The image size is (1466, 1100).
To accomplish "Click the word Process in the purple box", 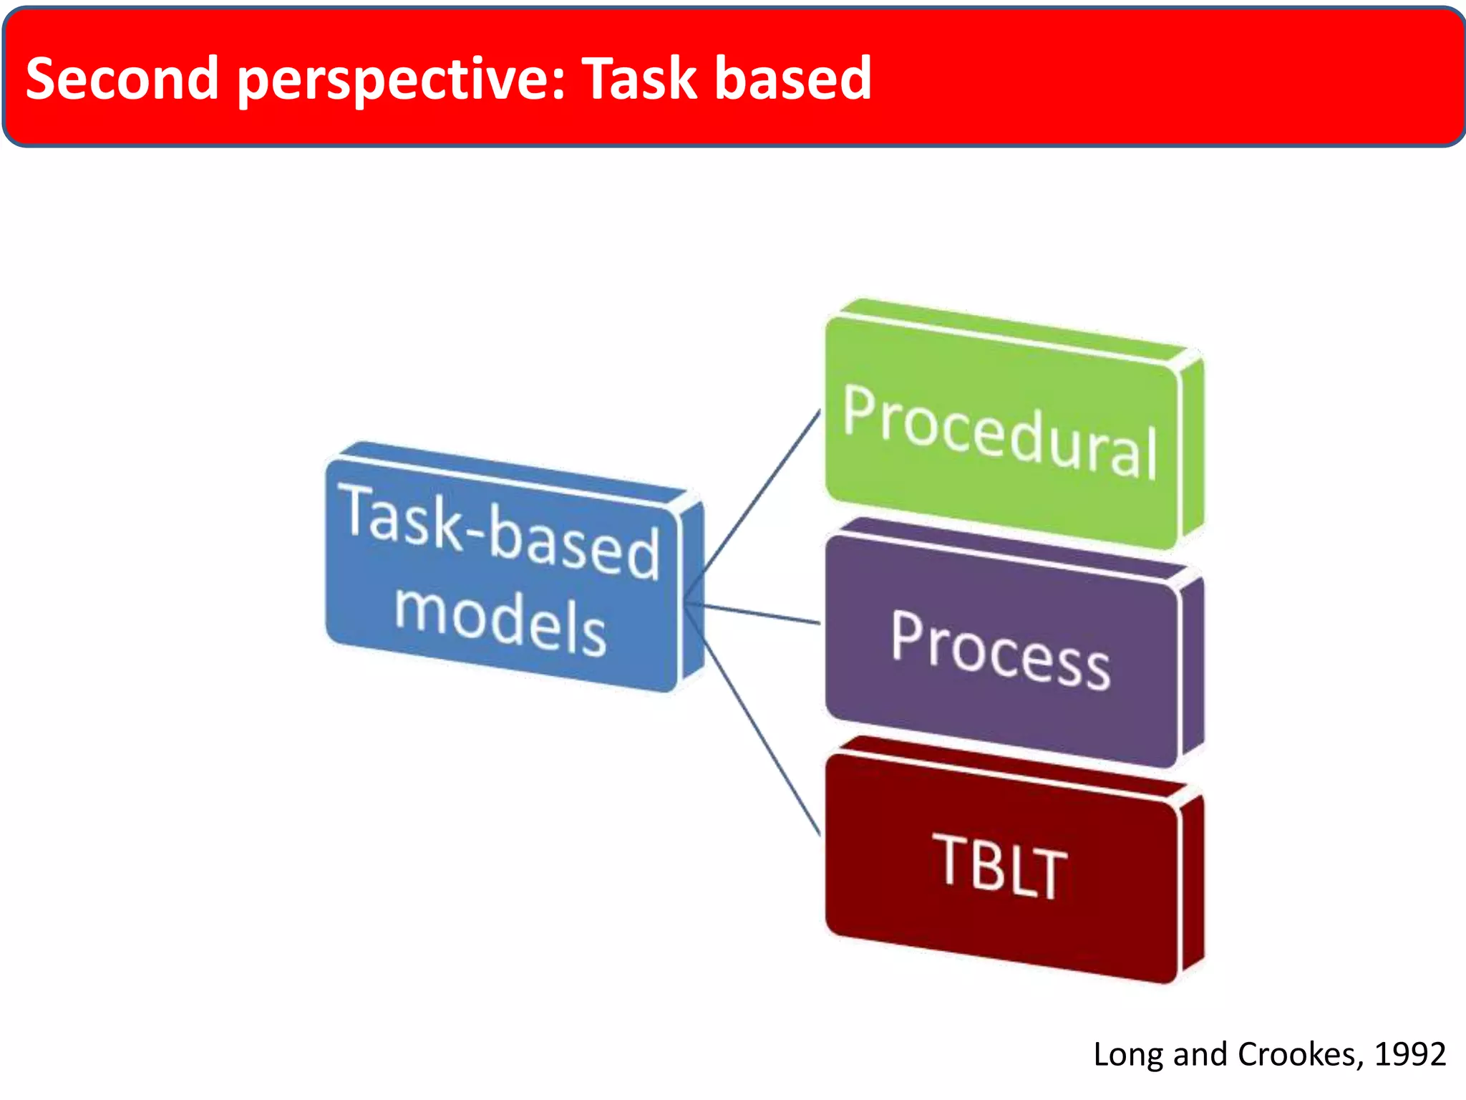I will click(x=1001, y=650).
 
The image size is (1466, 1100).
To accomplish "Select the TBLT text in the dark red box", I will click(x=1000, y=866).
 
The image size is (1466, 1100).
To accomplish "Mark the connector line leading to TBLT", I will click(x=762, y=738).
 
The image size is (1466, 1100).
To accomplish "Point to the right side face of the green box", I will click(x=1191, y=448).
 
